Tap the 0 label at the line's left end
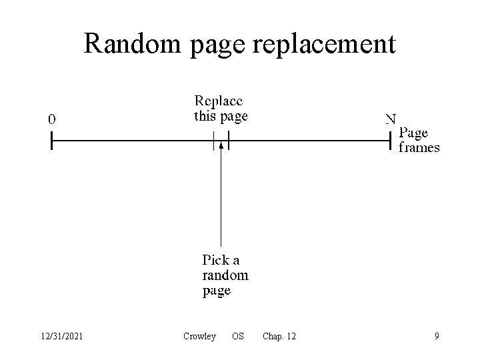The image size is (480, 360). [x=52, y=120]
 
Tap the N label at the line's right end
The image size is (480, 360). [x=391, y=120]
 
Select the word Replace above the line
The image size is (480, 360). [x=219, y=102]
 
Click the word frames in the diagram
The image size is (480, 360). [x=419, y=147]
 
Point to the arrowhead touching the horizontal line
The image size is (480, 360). [x=221, y=146]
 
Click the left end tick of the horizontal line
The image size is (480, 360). [x=51, y=141]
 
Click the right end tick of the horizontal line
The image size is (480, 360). [x=390, y=141]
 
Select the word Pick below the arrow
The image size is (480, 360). [x=215, y=260]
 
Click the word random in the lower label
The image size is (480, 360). [x=225, y=275]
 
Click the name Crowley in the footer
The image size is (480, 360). [x=199, y=337]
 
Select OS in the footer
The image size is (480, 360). [x=237, y=337]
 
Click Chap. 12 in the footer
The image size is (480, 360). [x=279, y=337]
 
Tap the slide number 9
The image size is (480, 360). [x=437, y=337]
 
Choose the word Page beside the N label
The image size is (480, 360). [x=413, y=133]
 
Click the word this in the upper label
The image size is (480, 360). [x=204, y=117]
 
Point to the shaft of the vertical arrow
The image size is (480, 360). [x=221, y=200]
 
